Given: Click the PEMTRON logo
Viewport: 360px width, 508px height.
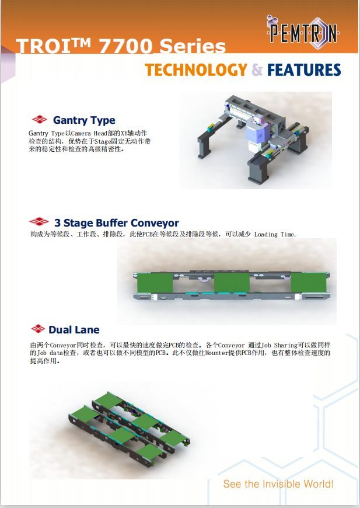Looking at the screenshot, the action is pyautogui.click(x=302, y=32).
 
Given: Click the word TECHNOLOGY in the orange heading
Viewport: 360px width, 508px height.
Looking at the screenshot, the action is pyautogui.click(x=196, y=70).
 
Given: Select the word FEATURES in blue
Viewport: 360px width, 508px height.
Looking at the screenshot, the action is pyautogui.click(x=304, y=70).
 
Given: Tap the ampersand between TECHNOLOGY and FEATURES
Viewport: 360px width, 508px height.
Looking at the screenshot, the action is pyautogui.click(x=257, y=70).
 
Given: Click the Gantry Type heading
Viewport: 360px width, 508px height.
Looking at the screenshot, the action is pyautogui.click(x=84, y=120).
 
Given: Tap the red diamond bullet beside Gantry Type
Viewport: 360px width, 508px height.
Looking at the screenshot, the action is pyautogui.click(x=40, y=119).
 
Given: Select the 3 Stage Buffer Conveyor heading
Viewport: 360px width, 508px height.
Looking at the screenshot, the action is pyautogui.click(x=117, y=223).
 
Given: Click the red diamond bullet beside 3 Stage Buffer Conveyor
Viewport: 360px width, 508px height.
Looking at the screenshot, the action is pyautogui.click(x=39, y=222).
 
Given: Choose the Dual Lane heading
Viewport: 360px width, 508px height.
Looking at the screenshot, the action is pyautogui.click(x=74, y=330).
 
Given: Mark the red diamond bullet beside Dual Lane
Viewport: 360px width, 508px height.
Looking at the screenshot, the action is pyautogui.click(x=38, y=329).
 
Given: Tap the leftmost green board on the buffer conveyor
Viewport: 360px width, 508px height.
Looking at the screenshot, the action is pyautogui.click(x=155, y=283).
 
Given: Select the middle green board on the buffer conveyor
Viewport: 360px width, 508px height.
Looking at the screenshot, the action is pyautogui.click(x=232, y=283).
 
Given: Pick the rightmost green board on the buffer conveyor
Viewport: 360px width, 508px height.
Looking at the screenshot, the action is pyautogui.click(x=308, y=282).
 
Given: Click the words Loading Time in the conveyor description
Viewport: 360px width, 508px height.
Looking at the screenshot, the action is pyautogui.click(x=275, y=234).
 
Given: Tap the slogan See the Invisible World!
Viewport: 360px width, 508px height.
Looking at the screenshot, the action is pyautogui.click(x=278, y=484).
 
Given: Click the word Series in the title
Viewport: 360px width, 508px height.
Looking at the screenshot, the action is pyautogui.click(x=193, y=46).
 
